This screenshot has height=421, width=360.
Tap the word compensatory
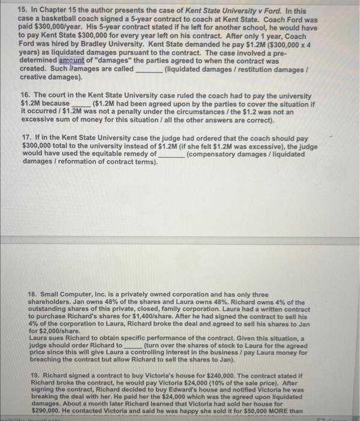pyautogui.click(x=212, y=154)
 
